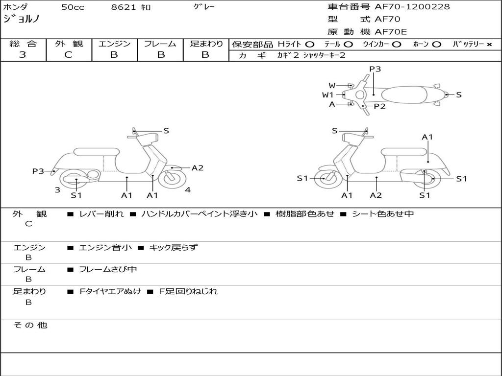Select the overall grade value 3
(x=23, y=55)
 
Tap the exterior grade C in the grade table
(x=68, y=55)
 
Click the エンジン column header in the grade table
(x=114, y=44)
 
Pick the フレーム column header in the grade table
(x=160, y=44)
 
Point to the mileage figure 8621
(x=124, y=7)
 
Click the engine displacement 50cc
(x=72, y=7)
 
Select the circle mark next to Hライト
(x=310, y=45)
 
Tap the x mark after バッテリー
(x=489, y=45)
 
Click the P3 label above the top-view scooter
(x=375, y=69)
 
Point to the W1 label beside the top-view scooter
(x=328, y=95)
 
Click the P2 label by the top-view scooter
(x=379, y=106)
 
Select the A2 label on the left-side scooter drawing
(x=197, y=168)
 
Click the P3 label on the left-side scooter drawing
(x=38, y=171)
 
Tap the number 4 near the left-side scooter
(x=188, y=190)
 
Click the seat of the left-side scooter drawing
(x=96, y=151)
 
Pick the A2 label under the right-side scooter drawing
(x=376, y=195)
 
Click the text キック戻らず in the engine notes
(x=173, y=248)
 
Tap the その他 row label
(x=30, y=325)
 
